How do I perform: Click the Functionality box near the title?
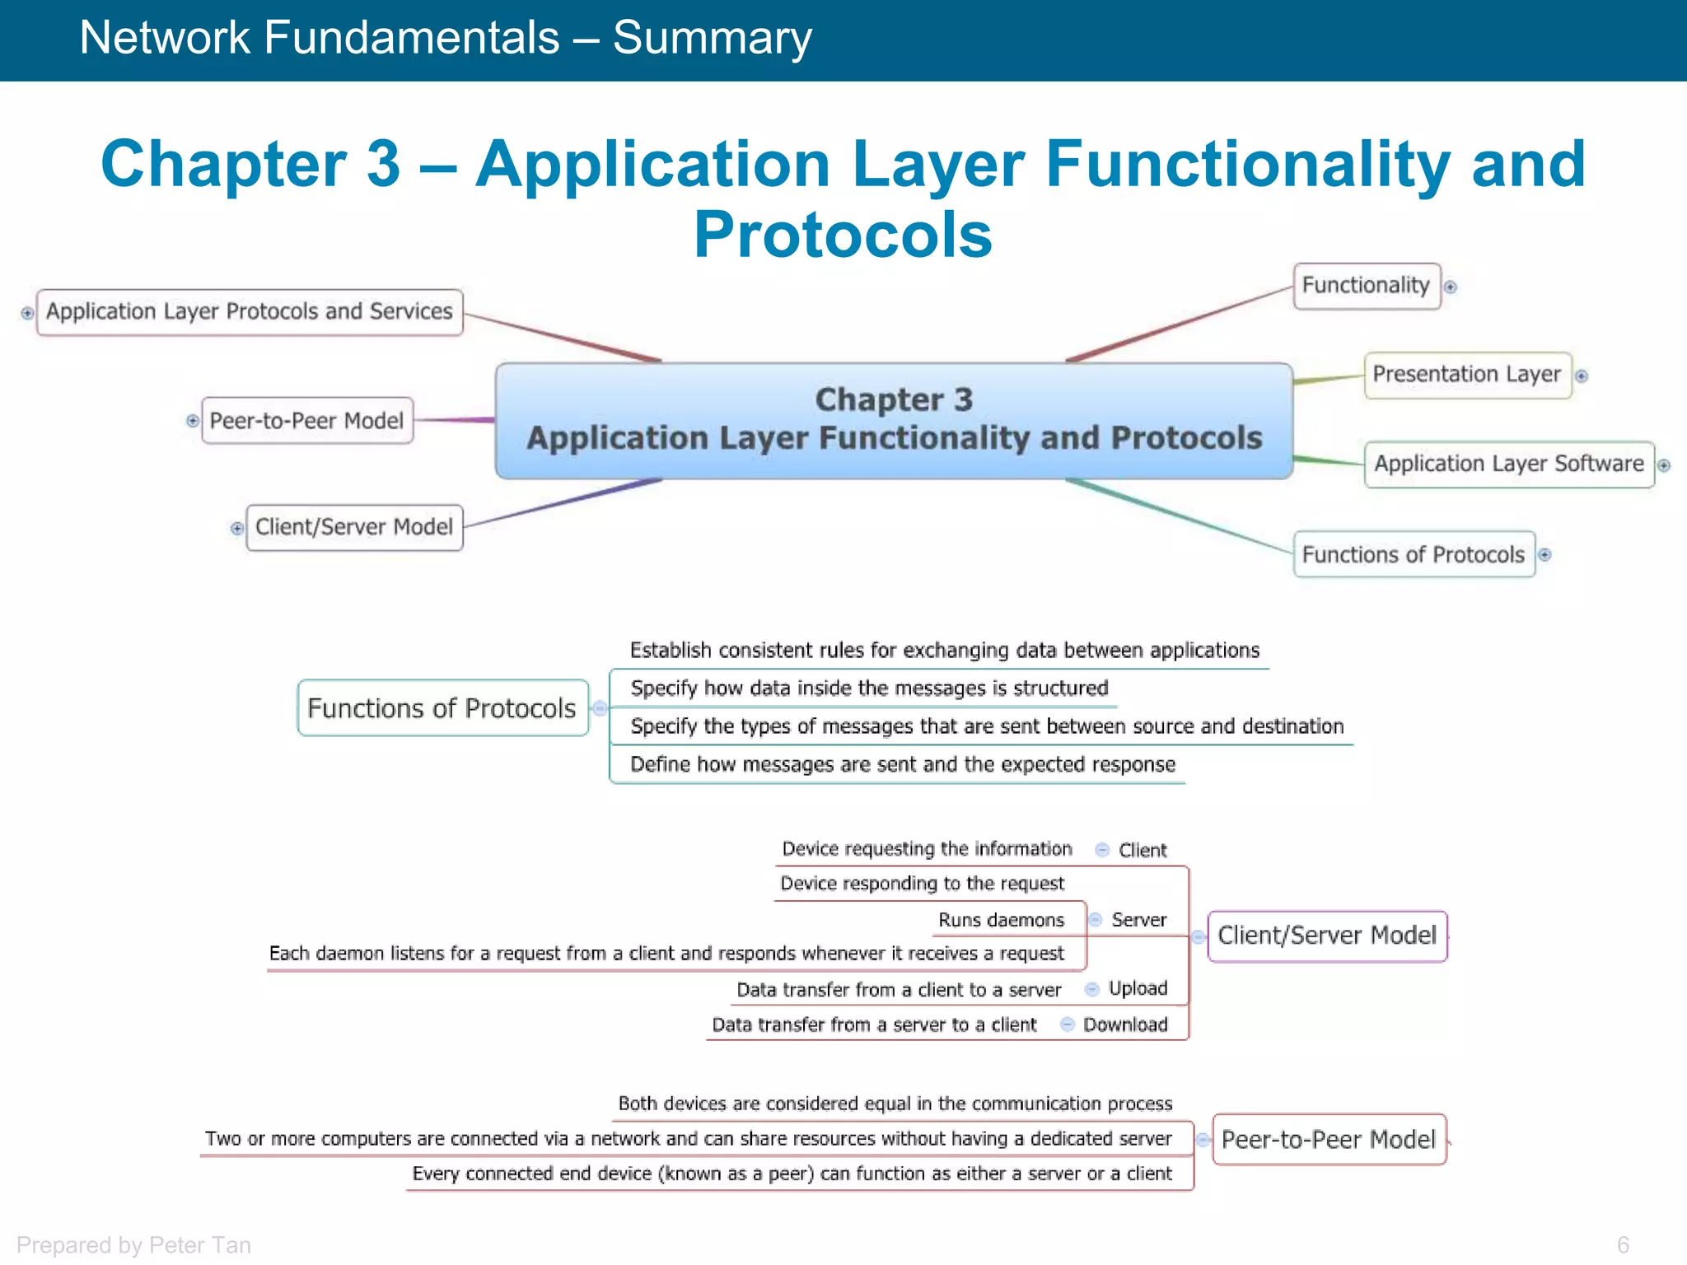pos(1366,286)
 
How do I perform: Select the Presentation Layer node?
pos(1467,375)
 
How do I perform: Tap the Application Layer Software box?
pos(1508,464)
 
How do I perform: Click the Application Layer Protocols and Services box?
pos(250,312)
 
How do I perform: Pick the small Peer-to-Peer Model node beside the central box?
pos(306,421)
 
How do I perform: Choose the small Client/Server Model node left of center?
pos(354,527)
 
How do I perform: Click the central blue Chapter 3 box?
pos(894,420)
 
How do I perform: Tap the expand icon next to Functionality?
pos(1451,287)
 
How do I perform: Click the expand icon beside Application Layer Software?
pos(1664,465)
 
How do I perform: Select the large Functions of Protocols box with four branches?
pos(442,708)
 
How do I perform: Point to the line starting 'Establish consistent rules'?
pos(944,651)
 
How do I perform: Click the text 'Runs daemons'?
pos(1001,920)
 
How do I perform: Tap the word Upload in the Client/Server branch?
pos(1138,988)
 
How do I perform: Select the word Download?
pos(1125,1025)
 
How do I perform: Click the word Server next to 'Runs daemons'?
pos(1138,920)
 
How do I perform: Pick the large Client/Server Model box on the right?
pos(1327,936)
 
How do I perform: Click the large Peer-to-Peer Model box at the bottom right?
pos(1329,1140)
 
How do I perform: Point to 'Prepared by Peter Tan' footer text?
pos(133,1245)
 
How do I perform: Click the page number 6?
pos(1623,1245)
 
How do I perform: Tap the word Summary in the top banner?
pos(712,38)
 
